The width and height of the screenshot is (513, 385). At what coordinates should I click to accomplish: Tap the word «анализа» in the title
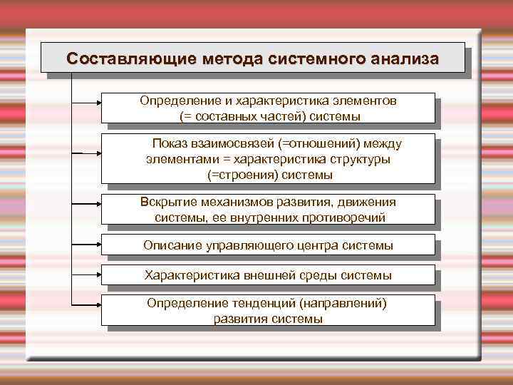[x=405, y=58]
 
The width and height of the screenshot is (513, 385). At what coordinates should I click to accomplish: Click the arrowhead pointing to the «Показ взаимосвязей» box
[x=98, y=153]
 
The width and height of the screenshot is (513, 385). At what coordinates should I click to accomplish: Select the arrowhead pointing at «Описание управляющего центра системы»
[x=98, y=245]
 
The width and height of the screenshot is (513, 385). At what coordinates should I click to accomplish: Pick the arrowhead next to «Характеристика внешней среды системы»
[x=98, y=274]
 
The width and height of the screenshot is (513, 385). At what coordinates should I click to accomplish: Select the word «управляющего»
[x=249, y=246]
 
